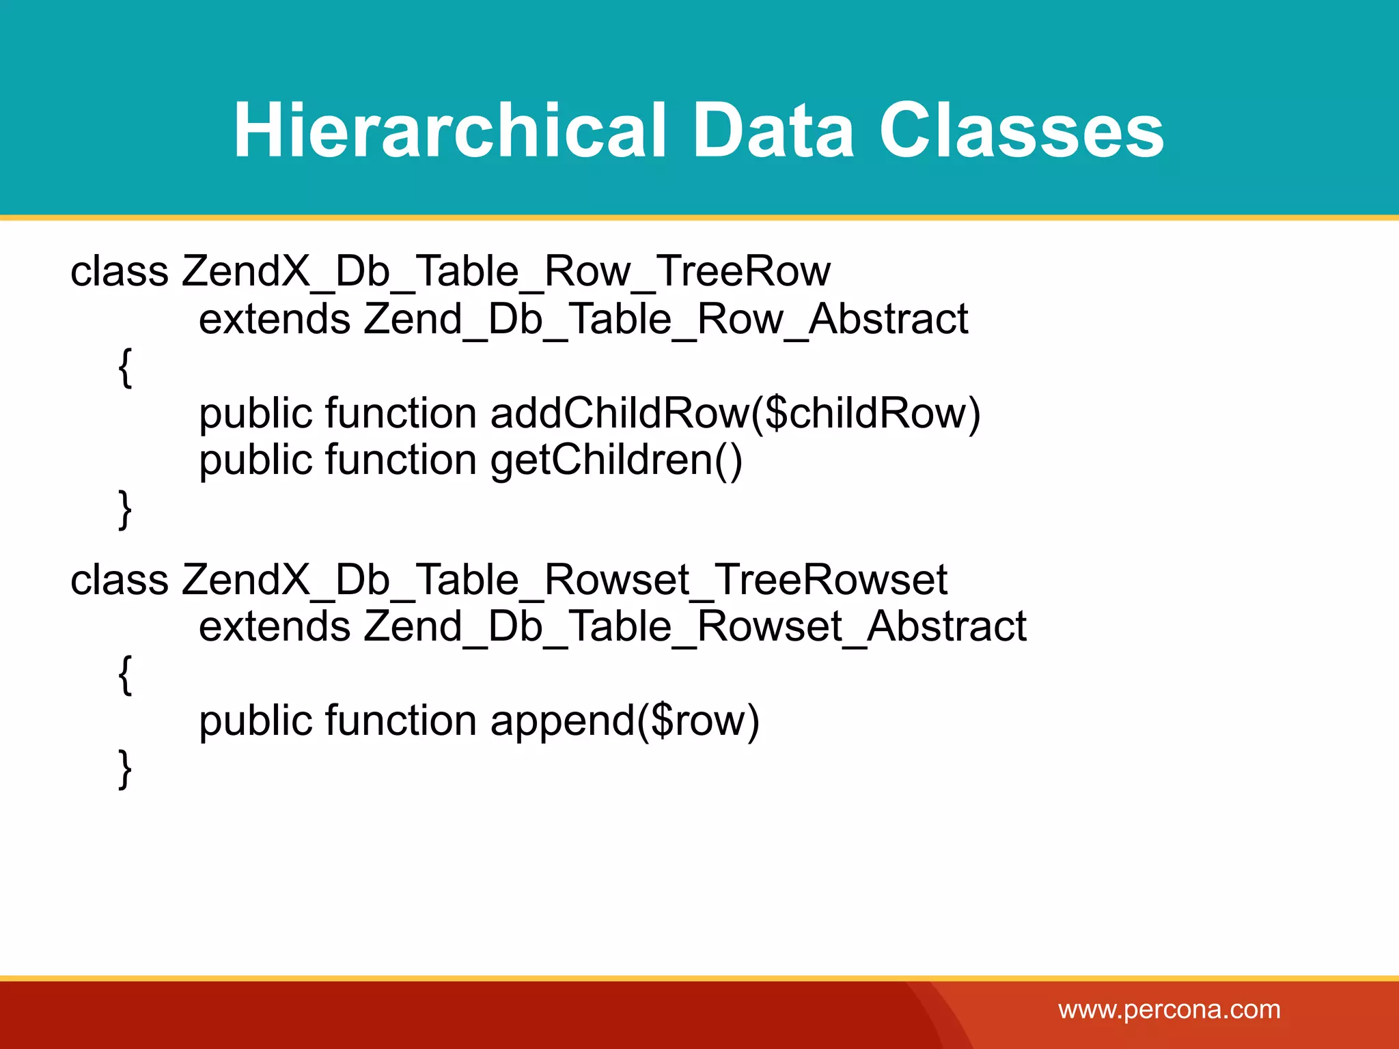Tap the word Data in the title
point(773,130)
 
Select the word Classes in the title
point(1021,130)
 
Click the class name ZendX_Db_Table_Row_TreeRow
point(506,272)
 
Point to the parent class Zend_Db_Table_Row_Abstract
point(665,319)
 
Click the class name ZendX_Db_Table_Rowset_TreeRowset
point(564,580)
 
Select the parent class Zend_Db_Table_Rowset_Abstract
point(695,626)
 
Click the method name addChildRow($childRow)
point(735,413)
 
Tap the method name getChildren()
point(616,460)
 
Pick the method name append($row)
point(624,721)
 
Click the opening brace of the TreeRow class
point(125,367)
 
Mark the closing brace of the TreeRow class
point(125,509)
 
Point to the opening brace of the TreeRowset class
point(125,675)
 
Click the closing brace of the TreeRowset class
point(125,769)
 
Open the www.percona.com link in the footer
point(1169,1009)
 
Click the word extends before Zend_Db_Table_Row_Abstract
point(275,319)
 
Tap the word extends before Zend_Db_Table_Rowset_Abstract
point(275,626)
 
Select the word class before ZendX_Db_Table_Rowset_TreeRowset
point(120,580)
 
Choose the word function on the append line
point(401,721)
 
